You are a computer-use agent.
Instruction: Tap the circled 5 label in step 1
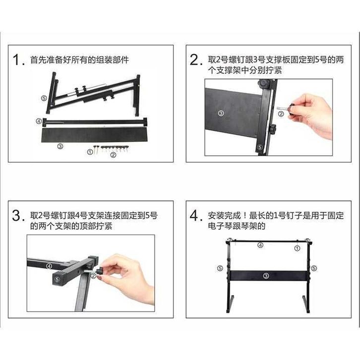[x=44, y=98]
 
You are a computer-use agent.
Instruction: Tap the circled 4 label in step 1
[x=39, y=121]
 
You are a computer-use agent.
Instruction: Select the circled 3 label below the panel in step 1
[x=60, y=146]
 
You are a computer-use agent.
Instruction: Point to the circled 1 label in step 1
[x=90, y=152]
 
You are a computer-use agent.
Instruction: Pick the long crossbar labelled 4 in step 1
[x=95, y=122]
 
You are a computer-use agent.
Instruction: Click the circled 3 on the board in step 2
[x=221, y=113]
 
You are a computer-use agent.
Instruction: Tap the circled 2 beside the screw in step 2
[x=281, y=114]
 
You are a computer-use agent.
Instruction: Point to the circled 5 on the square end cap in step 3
[x=57, y=279]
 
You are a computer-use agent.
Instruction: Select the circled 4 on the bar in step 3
[x=49, y=266]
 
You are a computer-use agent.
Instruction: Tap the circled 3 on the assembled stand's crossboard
[x=266, y=276]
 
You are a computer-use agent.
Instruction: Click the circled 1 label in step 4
[x=297, y=248]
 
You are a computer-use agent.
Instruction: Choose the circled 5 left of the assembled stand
[x=220, y=268]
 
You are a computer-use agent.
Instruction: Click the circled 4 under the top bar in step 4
[x=260, y=245]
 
